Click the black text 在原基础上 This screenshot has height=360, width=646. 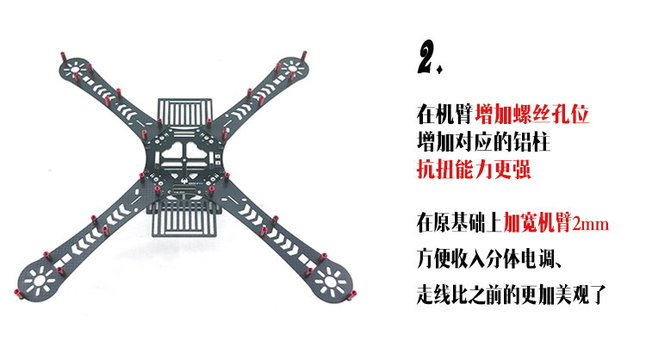click(x=458, y=224)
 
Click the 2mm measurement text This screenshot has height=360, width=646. click(x=591, y=225)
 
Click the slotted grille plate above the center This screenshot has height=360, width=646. click(x=183, y=111)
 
